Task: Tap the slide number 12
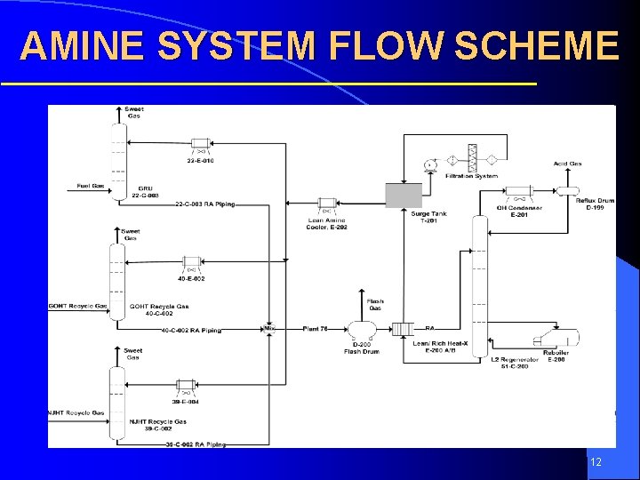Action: click(596, 461)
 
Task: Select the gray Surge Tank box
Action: click(404, 196)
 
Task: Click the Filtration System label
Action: click(472, 176)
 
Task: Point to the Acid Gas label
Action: click(567, 164)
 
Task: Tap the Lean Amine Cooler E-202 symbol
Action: click(326, 204)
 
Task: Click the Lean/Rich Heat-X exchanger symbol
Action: click(403, 329)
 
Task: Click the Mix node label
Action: click(269, 329)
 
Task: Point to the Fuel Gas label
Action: click(91, 186)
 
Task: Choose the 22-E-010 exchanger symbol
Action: click(199, 143)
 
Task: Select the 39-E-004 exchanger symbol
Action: click(185, 386)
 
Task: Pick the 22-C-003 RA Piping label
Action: click(205, 204)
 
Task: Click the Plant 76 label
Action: click(316, 329)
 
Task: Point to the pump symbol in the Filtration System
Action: click(429, 164)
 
